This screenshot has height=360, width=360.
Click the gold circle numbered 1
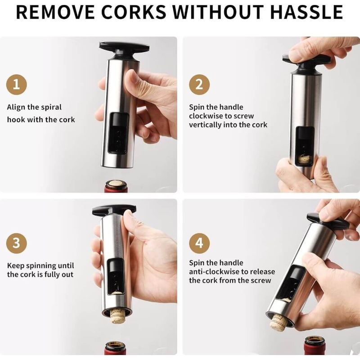coord(16,85)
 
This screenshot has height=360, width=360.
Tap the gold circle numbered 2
coord(199,85)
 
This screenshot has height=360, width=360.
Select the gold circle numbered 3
coord(16,243)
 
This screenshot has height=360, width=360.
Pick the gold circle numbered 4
coord(199,243)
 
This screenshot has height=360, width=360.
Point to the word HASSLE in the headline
coord(307,12)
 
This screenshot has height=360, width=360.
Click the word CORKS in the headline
coord(133,12)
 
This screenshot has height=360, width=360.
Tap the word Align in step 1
coord(16,108)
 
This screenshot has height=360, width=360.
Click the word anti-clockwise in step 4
coord(211,272)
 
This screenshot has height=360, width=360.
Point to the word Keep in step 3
coord(16,266)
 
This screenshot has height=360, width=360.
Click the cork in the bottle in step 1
coord(116,184)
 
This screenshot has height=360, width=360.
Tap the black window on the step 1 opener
coord(118,133)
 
